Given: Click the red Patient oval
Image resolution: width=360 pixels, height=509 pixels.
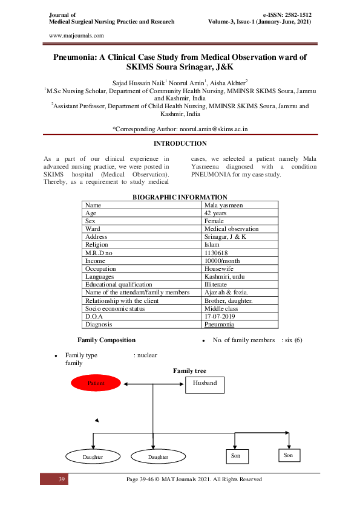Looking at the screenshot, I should pos(96,383).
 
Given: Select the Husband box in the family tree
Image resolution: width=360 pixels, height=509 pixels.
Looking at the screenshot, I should pos(204,383).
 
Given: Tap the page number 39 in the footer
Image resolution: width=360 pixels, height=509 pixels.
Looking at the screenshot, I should pos(61,479).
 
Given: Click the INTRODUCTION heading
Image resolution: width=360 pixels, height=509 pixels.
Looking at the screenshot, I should pos(180,143).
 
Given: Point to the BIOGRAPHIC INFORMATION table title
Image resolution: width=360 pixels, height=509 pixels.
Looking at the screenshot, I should pos(180,197).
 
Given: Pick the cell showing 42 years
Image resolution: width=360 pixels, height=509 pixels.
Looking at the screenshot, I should pos(216,213).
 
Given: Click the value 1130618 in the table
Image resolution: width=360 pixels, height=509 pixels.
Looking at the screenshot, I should pos(217,253).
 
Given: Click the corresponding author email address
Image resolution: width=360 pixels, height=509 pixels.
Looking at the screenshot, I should pos(214,129).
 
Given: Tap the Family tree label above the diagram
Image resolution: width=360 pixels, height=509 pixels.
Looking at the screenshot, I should pos(189,371).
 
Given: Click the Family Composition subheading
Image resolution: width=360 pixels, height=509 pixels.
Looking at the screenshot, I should pos(106,340).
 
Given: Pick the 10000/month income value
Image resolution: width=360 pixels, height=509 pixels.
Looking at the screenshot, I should pos(223,261).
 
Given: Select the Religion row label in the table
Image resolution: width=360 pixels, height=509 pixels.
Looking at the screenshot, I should pos(97,245).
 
